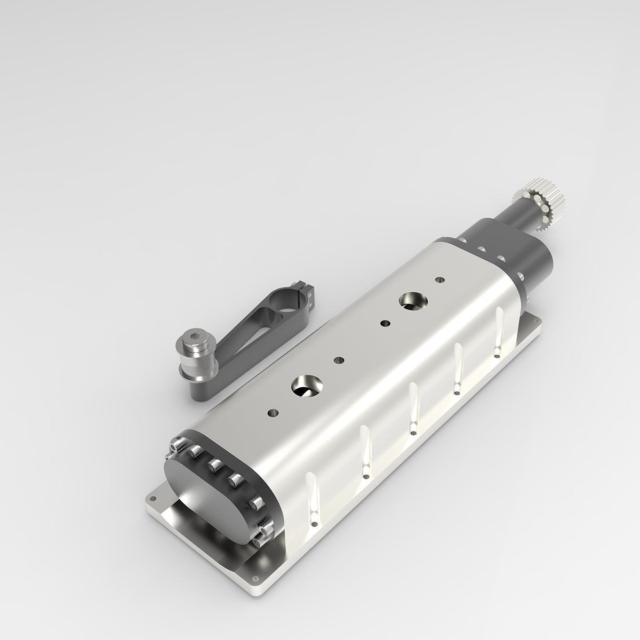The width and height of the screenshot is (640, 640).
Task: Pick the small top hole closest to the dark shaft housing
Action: point(439,279)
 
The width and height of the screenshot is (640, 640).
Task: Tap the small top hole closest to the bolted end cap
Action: point(273,412)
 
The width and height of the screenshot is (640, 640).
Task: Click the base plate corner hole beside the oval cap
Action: point(152,498)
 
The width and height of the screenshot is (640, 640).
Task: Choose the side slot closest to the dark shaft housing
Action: point(499,331)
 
